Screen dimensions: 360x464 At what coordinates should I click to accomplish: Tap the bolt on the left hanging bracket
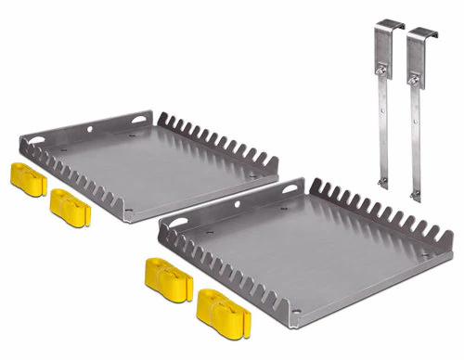380,67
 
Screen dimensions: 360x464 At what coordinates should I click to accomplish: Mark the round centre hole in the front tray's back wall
236,205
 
